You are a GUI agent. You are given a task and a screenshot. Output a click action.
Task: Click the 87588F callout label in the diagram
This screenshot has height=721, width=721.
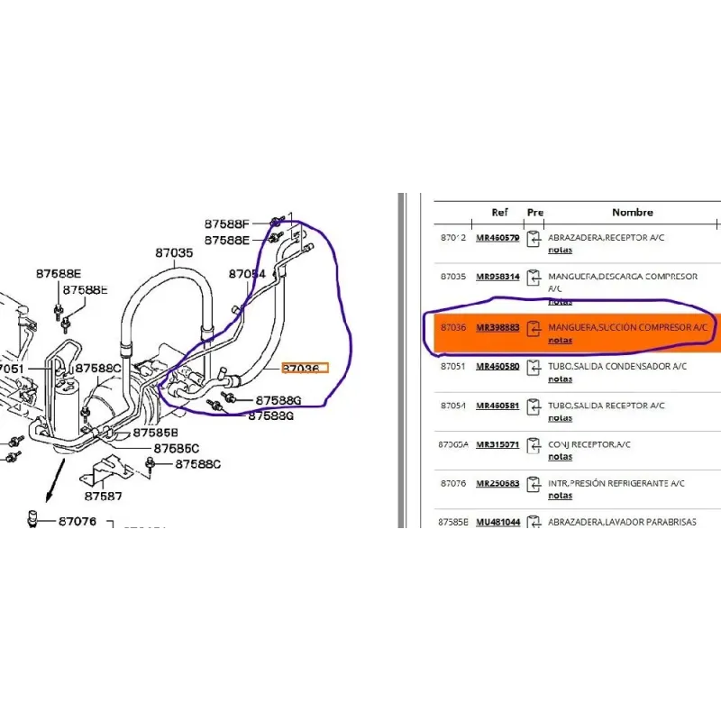point(226,224)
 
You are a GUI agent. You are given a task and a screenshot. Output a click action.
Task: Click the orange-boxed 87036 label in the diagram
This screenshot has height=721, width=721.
point(306,368)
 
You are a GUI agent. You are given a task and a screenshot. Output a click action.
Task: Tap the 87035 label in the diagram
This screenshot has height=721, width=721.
point(174,253)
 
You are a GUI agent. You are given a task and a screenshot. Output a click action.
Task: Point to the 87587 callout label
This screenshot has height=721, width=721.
point(104,495)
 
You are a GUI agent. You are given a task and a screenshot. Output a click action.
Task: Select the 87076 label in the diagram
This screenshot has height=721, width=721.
point(78,520)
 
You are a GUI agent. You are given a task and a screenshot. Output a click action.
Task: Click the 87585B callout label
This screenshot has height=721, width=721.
point(156,433)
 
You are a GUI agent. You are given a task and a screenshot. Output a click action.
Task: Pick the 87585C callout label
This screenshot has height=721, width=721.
point(176,448)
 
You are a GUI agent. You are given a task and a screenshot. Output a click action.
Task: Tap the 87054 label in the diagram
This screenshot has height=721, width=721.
point(247,273)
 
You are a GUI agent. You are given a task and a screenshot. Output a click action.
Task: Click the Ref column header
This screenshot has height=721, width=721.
point(499,213)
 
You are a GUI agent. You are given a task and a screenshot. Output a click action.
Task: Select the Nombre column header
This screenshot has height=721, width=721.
point(632,213)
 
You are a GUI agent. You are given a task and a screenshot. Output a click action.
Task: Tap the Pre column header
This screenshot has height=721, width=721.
point(535,213)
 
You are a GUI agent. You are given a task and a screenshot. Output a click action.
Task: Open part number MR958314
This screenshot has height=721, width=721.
point(497,276)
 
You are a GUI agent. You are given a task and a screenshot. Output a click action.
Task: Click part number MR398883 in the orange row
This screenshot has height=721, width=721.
point(497,328)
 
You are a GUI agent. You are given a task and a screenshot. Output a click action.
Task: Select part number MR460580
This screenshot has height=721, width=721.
point(497,367)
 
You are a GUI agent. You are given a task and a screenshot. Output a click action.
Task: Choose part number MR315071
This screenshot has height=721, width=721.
point(497,444)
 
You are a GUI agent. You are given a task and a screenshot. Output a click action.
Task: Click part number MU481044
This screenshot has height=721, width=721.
point(497,522)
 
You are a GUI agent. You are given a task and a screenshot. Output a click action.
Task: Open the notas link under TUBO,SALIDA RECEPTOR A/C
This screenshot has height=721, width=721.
point(560,417)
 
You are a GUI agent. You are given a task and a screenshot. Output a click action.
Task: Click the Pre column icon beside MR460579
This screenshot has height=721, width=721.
point(534,239)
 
